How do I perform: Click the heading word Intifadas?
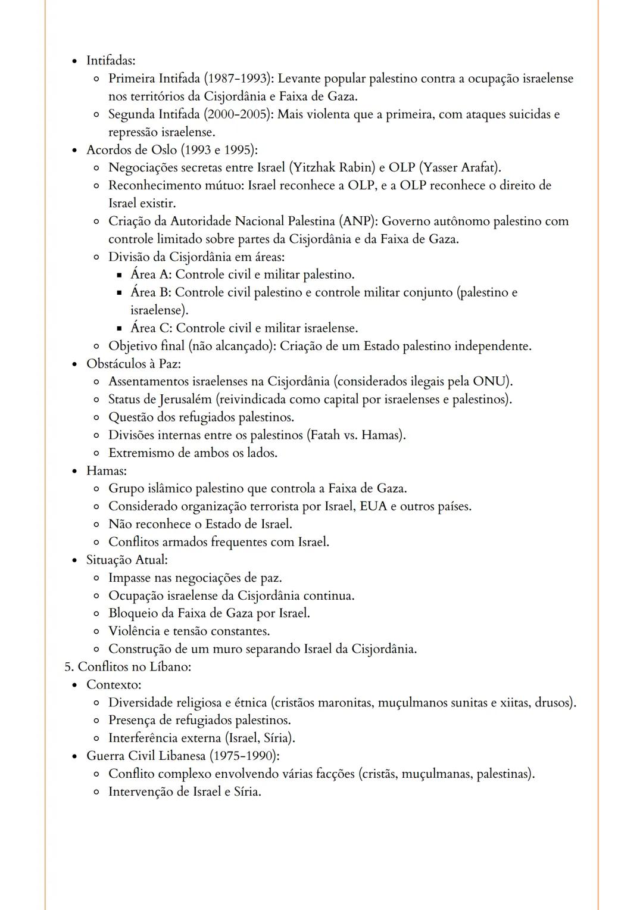111,61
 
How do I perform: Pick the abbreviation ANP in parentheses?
357,222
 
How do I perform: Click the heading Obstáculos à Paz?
133,364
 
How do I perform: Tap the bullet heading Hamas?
106,471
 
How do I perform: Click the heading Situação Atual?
127,560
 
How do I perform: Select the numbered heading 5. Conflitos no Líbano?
128,667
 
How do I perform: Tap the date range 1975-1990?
244,756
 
